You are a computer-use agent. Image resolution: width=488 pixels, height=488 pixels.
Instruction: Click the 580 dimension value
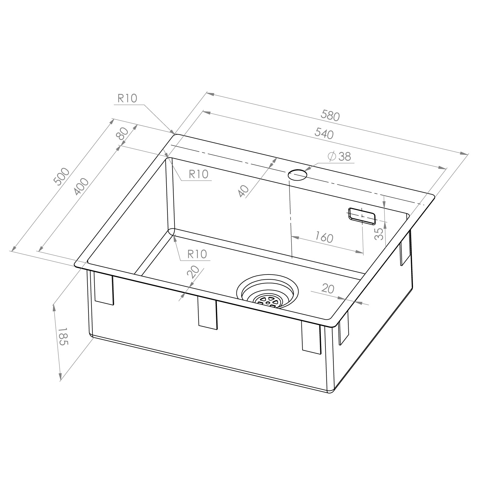point(330,116)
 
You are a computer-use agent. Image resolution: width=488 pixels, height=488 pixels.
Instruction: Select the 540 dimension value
point(324,134)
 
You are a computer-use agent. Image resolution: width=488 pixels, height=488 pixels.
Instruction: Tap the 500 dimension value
point(62,177)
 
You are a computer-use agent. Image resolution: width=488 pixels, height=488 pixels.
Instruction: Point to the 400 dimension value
point(81,187)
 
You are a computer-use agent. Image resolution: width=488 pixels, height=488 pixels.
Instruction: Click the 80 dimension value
point(122,133)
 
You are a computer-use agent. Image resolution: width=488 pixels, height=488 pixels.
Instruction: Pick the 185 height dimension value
point(63,336)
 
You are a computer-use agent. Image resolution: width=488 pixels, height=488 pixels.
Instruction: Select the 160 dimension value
point(324,237)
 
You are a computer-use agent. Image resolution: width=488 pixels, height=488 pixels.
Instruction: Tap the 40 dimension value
point(244,191)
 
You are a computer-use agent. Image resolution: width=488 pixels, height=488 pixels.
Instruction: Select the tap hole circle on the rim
point(298,176)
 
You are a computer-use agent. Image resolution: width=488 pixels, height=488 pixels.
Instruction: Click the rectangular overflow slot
point(362,216)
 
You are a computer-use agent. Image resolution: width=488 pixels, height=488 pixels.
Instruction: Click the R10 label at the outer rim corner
point(127,98)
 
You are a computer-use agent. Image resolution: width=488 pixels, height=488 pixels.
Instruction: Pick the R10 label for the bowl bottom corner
point(197,254)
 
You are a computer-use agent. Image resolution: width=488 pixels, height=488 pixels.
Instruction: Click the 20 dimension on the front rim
point(193,272)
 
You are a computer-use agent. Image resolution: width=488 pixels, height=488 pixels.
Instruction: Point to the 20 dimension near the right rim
point(328,289)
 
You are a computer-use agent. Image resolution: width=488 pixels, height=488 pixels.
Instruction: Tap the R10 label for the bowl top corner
point(199,174)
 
